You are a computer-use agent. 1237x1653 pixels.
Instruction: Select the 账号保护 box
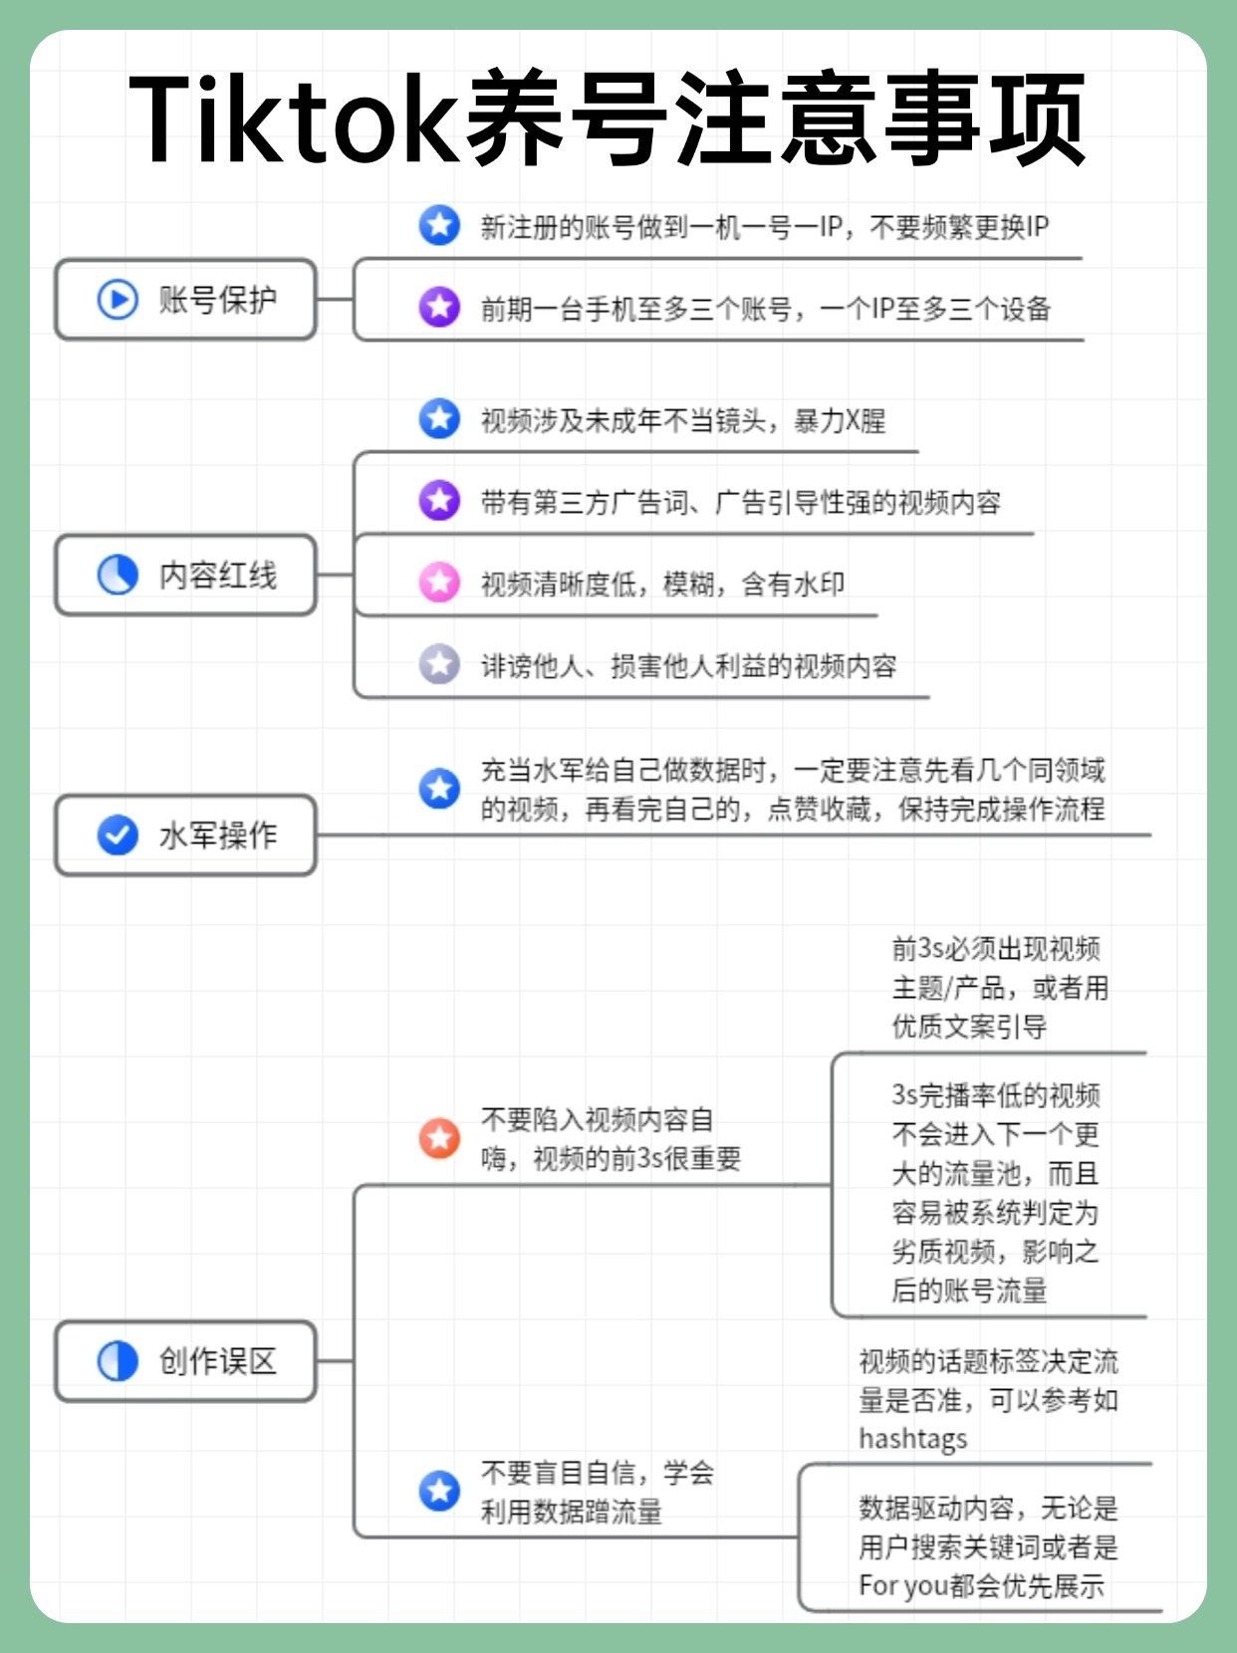pyautogui.click(x=185, y=299)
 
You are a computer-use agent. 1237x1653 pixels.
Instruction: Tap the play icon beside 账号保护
pyautogui.click(x=118, y=299)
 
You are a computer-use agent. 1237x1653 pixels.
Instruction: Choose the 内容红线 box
pyautogui.click(x=185, y=576)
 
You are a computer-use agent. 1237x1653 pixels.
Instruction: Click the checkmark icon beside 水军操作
pyautogui.click(x=118, y=835)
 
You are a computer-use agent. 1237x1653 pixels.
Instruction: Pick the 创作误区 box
pyautogui.click(x=185, y=1361)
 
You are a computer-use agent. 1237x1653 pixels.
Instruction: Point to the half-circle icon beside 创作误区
pyautogui.click(x=118, y=1361)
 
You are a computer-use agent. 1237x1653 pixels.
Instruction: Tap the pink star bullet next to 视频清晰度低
pyautogui.click(x=439, y=583)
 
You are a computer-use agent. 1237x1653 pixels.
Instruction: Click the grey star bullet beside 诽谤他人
pyautogui.click(x=439, y=664)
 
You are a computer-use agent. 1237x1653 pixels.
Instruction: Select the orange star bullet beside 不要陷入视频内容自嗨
pyautogui.click(x=439, y=1138)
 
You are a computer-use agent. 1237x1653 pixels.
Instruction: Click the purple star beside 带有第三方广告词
pyautogui.click(x=439, y=500)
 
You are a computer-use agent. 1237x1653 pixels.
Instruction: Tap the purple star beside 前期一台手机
pyautogui.click(x=439, y=308)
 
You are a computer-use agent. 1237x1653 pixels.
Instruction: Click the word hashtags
pyautogui.click(x=912, y=1439)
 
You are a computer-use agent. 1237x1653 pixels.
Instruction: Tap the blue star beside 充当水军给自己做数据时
pyautogui.click(x=439, y=789)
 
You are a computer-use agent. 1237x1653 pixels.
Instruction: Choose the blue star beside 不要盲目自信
pyautogui.click(x=439, y=1491)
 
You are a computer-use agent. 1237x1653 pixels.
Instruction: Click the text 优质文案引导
pyautogui.click(x=969, y=1027)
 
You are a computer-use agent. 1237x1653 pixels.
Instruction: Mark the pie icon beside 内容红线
pyautogui.click(x=118, y=576)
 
